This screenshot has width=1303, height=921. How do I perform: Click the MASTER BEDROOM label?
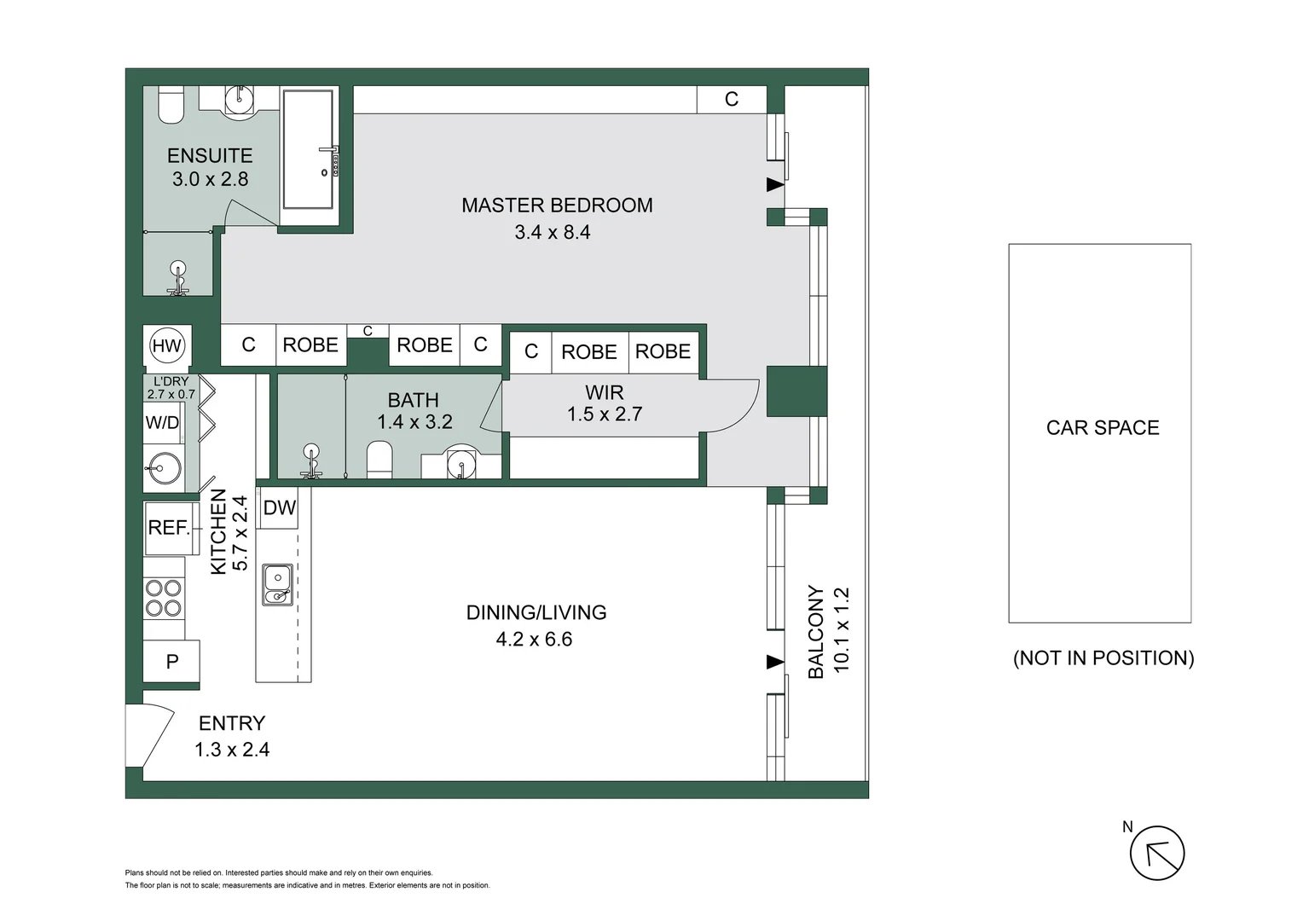[x=557, y=206]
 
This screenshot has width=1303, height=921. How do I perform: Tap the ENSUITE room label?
[x=210, y=156]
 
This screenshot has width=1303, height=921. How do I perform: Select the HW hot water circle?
[x=166, y=345]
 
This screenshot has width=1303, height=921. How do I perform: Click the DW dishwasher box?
[x=279, y=508]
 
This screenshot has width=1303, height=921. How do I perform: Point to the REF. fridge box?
[x=169, y=528]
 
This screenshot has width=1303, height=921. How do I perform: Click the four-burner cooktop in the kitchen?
[x=164, y=598]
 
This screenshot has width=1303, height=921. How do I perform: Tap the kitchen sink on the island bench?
[x=277, y=585]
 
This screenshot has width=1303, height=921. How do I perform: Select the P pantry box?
[x=171, y=661]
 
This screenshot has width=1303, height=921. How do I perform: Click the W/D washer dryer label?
[x=162, y=423]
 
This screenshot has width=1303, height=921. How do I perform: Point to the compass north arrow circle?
[x=1157, y=853]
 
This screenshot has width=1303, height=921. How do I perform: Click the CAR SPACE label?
[x=1102, y=428]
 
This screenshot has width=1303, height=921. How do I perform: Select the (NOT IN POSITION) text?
[x=1103, y=658]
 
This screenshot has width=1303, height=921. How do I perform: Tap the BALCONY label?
[x=816, y=631]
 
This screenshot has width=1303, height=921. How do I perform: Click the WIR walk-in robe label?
[x=604, y=393]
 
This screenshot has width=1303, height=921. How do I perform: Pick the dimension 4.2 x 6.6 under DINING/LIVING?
[x=534, y=640]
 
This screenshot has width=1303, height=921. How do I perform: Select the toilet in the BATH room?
[x=379, y=460]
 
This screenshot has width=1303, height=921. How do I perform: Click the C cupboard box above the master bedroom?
[x=731, y=100]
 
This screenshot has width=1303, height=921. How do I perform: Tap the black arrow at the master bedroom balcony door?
[x=774, y=184]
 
